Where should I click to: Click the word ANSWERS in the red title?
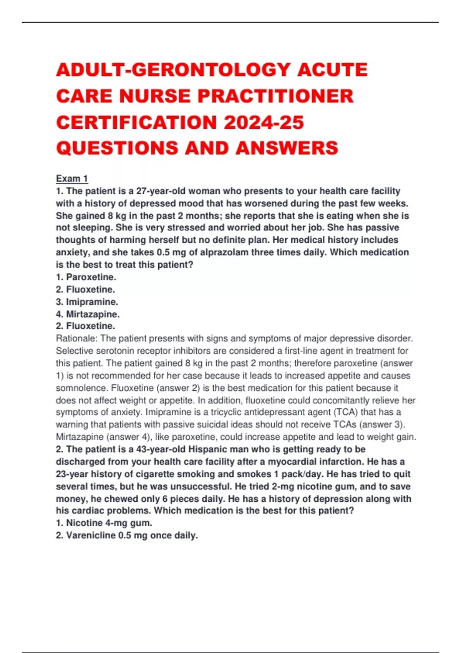point(287,148)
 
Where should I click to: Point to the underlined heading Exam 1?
point(72,179)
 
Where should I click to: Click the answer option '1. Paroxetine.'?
point(86,277)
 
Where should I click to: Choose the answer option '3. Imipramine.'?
point(87,302)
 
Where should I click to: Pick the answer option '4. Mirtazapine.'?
point(88,314)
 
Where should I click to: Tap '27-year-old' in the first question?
point(161,191)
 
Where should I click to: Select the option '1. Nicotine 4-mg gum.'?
point(104,523)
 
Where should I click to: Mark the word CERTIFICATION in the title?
point(137,123)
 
